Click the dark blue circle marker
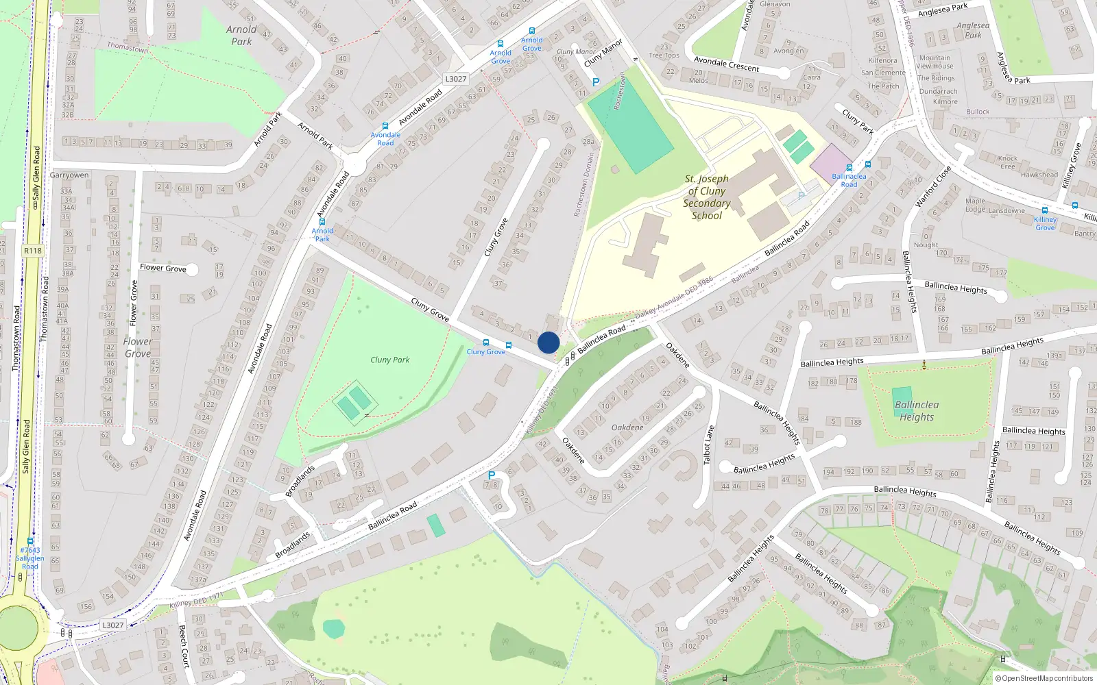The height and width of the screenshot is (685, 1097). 548,342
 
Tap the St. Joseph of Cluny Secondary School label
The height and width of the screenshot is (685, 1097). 707,197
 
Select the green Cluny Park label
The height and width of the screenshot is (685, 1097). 389,360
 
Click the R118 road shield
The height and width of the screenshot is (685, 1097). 33,251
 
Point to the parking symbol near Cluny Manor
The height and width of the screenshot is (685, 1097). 596,82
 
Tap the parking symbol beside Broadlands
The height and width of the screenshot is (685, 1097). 491,475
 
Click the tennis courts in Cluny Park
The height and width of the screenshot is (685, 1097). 354,403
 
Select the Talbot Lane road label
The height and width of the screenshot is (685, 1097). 708,445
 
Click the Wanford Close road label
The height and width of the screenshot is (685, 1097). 933,186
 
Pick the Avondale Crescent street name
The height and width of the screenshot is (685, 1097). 726,64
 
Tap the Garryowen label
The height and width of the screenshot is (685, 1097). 69,175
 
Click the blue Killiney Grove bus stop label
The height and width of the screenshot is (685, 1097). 1045,223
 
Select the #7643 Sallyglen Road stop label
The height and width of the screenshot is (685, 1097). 30,558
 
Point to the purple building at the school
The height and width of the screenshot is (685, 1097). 831,164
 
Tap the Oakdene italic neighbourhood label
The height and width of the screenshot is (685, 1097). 627,427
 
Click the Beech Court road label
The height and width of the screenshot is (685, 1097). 183,645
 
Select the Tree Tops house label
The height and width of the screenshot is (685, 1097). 664,55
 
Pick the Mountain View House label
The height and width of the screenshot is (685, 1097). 935,62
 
